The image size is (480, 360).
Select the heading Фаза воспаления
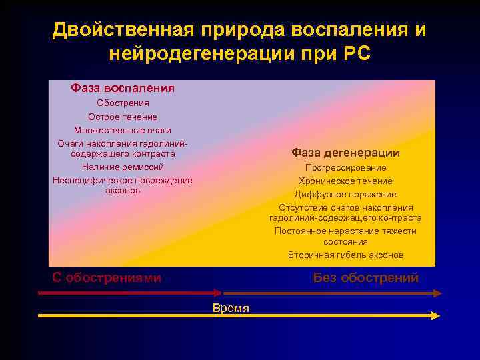[x=123, y=88]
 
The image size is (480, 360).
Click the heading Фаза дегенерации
[x=345, y=153]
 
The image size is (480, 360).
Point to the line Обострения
[x=123, y=103]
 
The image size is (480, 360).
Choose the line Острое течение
[x=123, y=117]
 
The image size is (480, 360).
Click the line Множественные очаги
[x=123, y=130]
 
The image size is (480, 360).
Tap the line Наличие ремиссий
[x=123, y=167]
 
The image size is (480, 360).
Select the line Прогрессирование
[x=345, y=168]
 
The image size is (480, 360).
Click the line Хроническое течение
[x=345, y=181]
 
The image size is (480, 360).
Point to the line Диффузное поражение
[x=345, y=195]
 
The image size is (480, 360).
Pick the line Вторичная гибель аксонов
[x=345, y=255]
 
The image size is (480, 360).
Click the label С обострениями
[x=107, y=278]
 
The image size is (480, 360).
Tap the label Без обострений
[x=366, y=278]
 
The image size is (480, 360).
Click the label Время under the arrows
[x=231, y=308]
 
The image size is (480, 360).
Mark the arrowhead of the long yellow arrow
[x=436, y=315]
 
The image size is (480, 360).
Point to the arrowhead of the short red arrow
[x=218, y=292]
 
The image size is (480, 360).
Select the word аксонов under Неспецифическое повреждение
[x=123, y=191]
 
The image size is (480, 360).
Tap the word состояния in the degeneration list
[x=345, y=242]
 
